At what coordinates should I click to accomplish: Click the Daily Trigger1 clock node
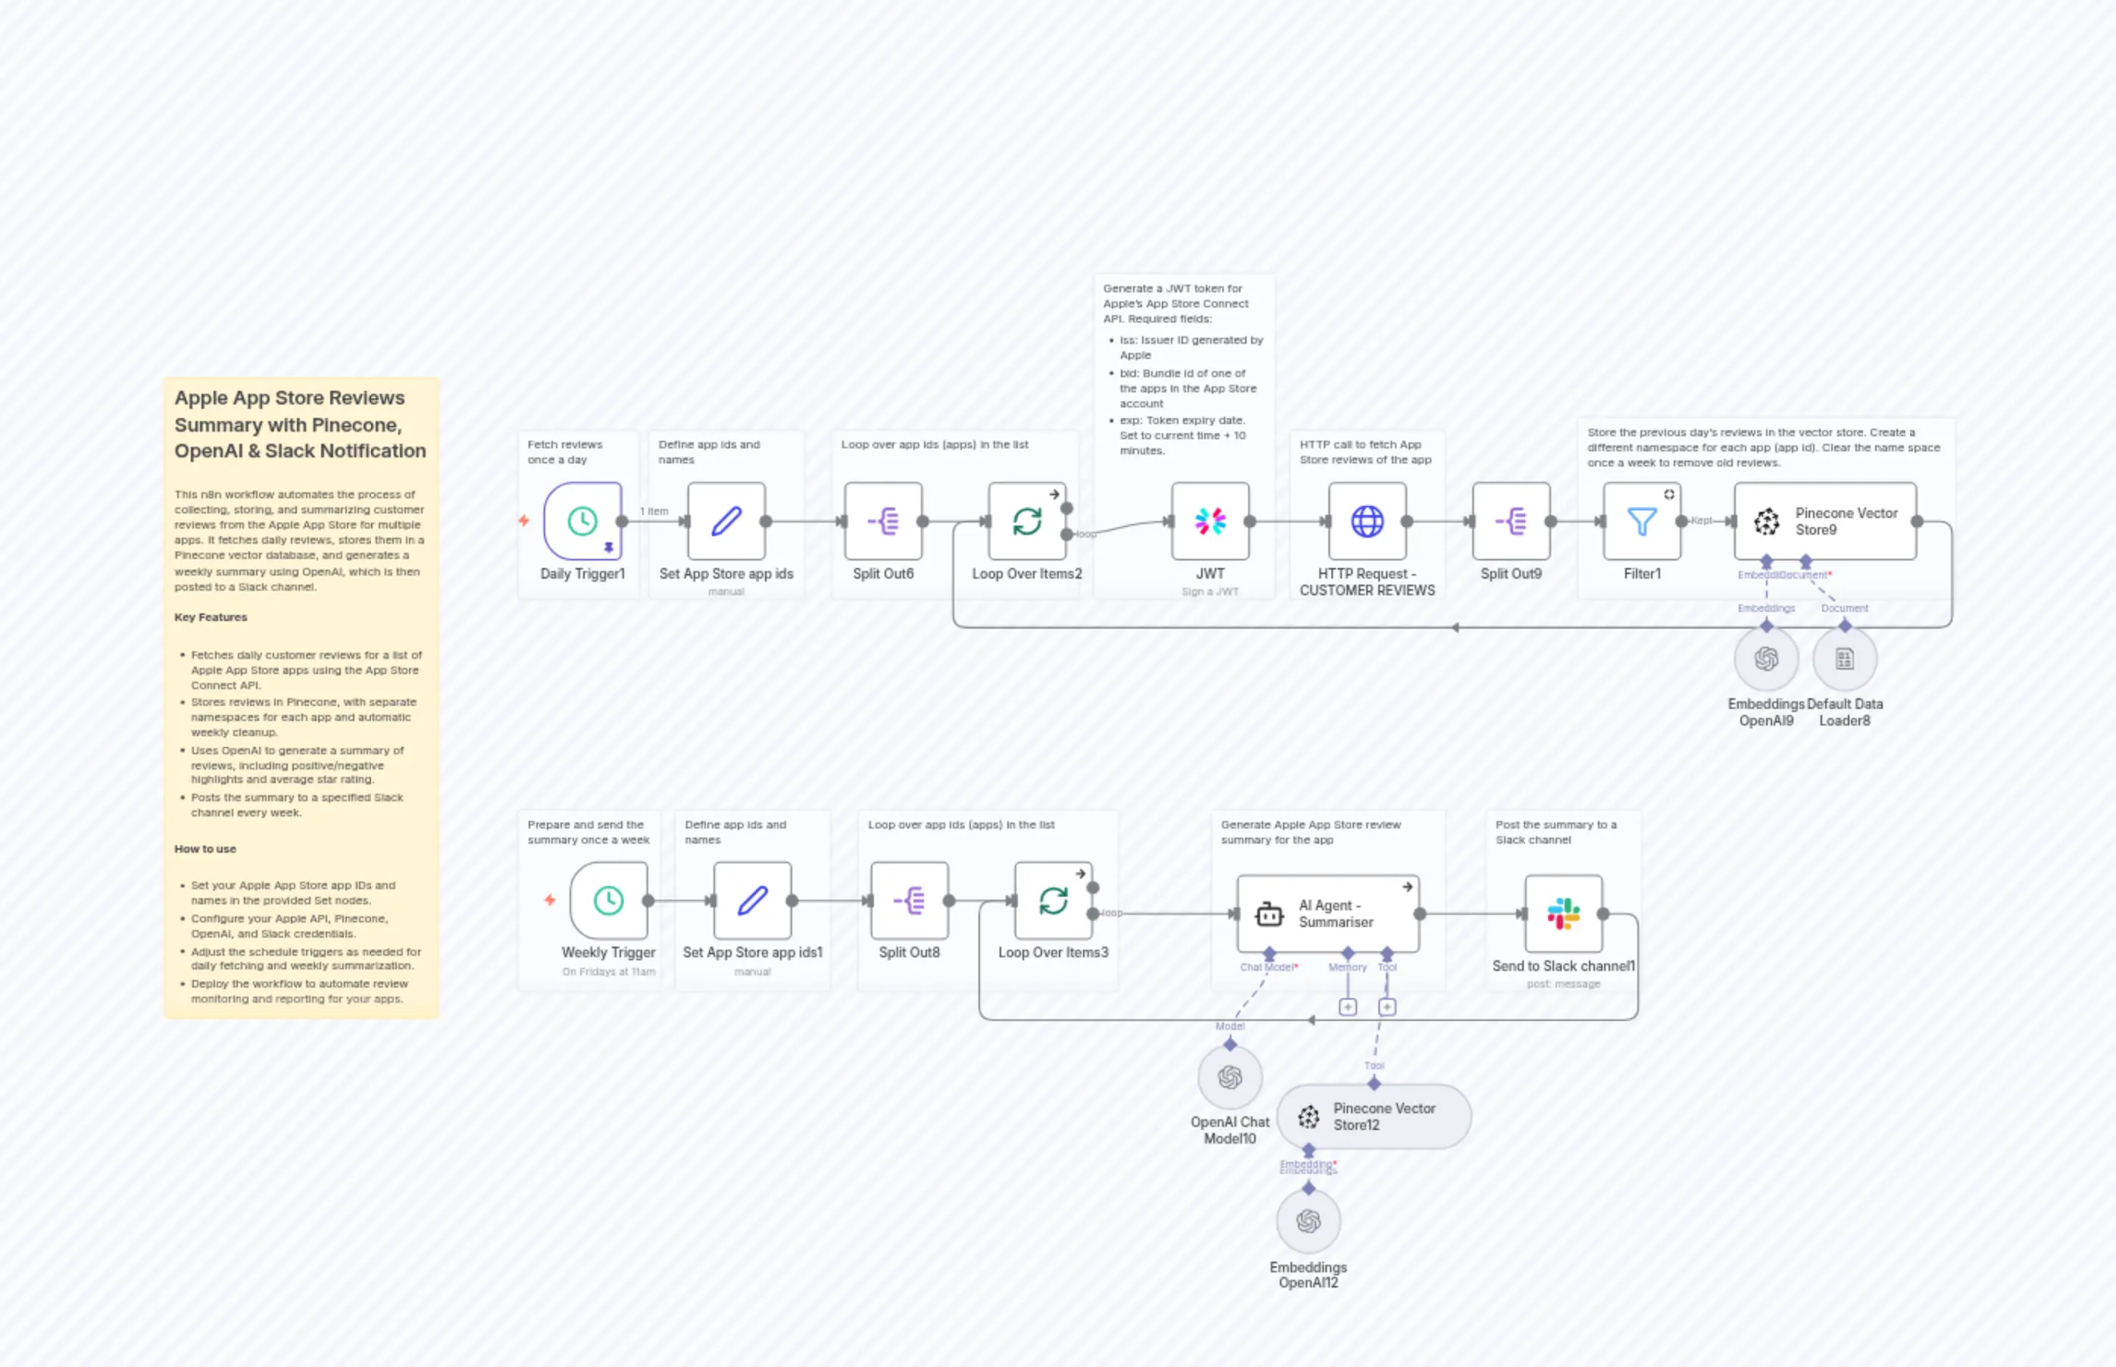582,521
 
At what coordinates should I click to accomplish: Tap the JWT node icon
1209,521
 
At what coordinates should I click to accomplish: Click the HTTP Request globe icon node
1367,521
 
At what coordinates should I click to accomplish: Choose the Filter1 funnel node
1641,521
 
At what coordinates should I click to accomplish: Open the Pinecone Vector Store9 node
1825,521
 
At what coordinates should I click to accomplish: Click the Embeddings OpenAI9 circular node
1766,659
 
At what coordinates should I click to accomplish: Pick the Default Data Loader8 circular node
1844,659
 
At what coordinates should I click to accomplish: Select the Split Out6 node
883,521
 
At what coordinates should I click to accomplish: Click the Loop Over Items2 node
1027,521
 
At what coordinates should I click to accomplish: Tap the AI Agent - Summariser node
1328,913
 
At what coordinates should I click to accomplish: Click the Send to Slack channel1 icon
1563,913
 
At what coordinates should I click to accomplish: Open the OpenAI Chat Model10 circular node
1229,1078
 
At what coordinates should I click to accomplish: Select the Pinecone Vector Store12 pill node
1373,1116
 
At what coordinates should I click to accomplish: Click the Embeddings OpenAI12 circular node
1308,1222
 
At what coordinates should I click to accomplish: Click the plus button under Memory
1347,1007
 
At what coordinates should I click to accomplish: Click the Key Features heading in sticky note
211,617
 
